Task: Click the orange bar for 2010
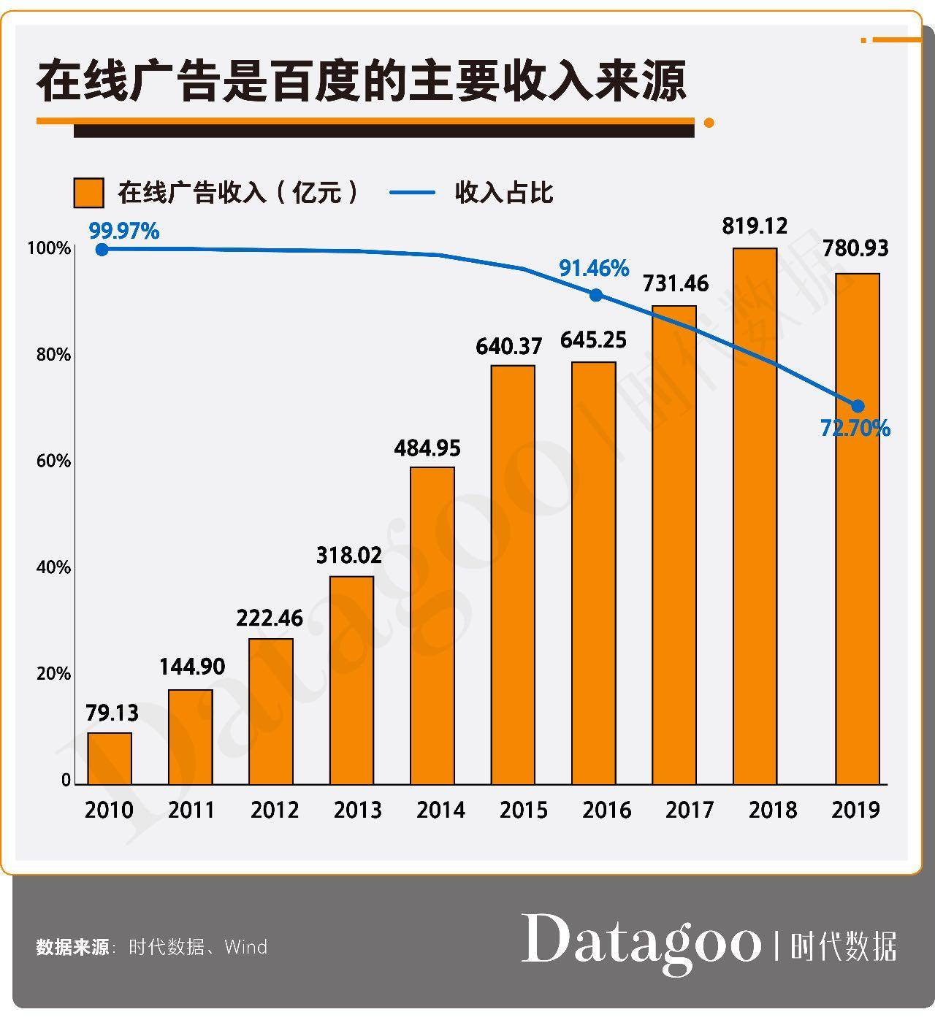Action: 110,759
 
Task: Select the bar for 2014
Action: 432,626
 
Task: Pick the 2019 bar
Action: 858,529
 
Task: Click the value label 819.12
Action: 755,226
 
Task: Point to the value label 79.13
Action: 112,713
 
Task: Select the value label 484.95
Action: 427,448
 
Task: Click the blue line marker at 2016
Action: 596,295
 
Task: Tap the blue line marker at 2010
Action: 102,250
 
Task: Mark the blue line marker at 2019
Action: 858,407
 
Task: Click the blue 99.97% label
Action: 124,231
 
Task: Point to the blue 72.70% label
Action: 855,429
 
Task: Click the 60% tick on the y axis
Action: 53,461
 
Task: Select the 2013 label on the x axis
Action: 358,810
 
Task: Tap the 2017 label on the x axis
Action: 690,810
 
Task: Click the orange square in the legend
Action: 88,193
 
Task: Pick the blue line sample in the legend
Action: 412,193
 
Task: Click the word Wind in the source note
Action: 246,947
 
